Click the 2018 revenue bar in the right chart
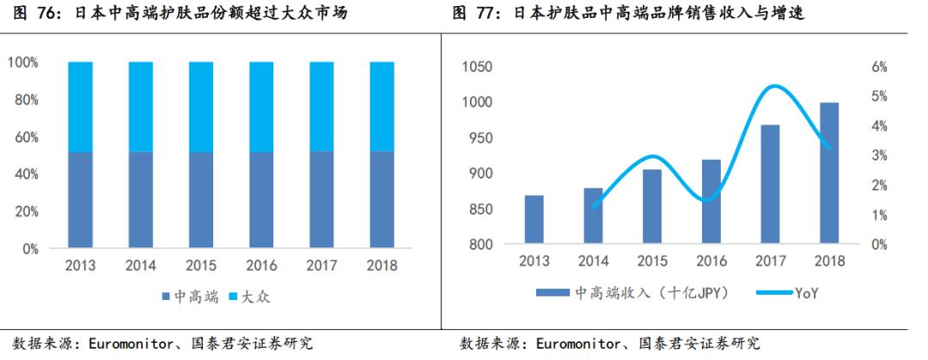pyautogui.click(x=829, y=174)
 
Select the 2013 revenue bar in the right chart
pyautogui.click(x=534, y=220)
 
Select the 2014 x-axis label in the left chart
pyautogui.click(x=140, y=265)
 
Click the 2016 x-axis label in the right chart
pyautogui.click(x=711, y=261)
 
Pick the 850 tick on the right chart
pyautogui.click(x=483, y=209)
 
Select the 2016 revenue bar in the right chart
pyautogui.click(x=711, y=202)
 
